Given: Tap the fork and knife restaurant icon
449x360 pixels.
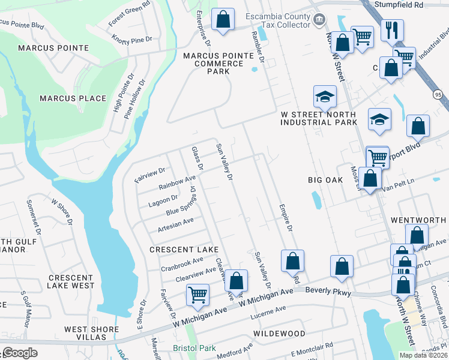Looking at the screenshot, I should pos(393,30).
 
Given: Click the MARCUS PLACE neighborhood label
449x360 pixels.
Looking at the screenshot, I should pos(73,98).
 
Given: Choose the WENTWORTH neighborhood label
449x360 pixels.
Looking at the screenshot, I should pos(418,220).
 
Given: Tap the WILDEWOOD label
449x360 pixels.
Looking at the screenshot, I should pos(279,332).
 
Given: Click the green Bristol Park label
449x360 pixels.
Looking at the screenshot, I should pos(193,348).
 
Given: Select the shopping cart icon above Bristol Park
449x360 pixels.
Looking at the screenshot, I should pos(197,295).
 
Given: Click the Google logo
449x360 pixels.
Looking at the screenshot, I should pos(20,353).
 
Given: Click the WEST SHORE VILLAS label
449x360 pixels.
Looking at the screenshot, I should pos(92,329).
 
